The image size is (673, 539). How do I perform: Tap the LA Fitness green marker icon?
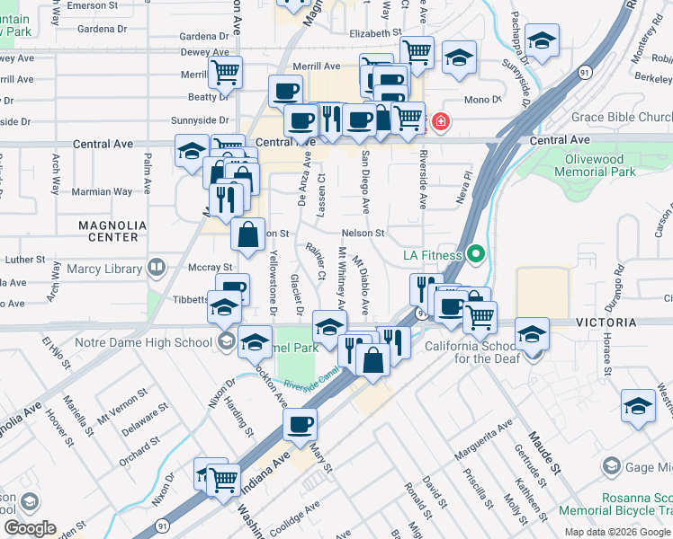click(x=477, y=256)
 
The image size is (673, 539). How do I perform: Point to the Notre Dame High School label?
click(x=157, y=341)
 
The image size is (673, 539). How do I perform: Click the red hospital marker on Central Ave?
click(x=441, y=120)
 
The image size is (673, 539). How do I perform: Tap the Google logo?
click(x=30, y=528)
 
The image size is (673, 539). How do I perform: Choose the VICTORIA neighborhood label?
click(x=639, y=322)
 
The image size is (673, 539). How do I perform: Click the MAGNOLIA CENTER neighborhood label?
click(x=109, y=231)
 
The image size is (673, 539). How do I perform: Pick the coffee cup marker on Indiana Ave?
click(x=300, y=424)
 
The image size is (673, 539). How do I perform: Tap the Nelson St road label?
click(x=363, y=234)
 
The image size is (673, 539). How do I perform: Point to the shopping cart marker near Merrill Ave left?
click(x=225, y=70)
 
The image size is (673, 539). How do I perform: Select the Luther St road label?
click(x=25, y=260)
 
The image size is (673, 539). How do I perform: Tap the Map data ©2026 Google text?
click(x=617, y=532)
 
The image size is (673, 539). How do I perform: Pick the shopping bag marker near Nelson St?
click(x=247, y=235)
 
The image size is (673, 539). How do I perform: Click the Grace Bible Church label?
click(x=622, y=118)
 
